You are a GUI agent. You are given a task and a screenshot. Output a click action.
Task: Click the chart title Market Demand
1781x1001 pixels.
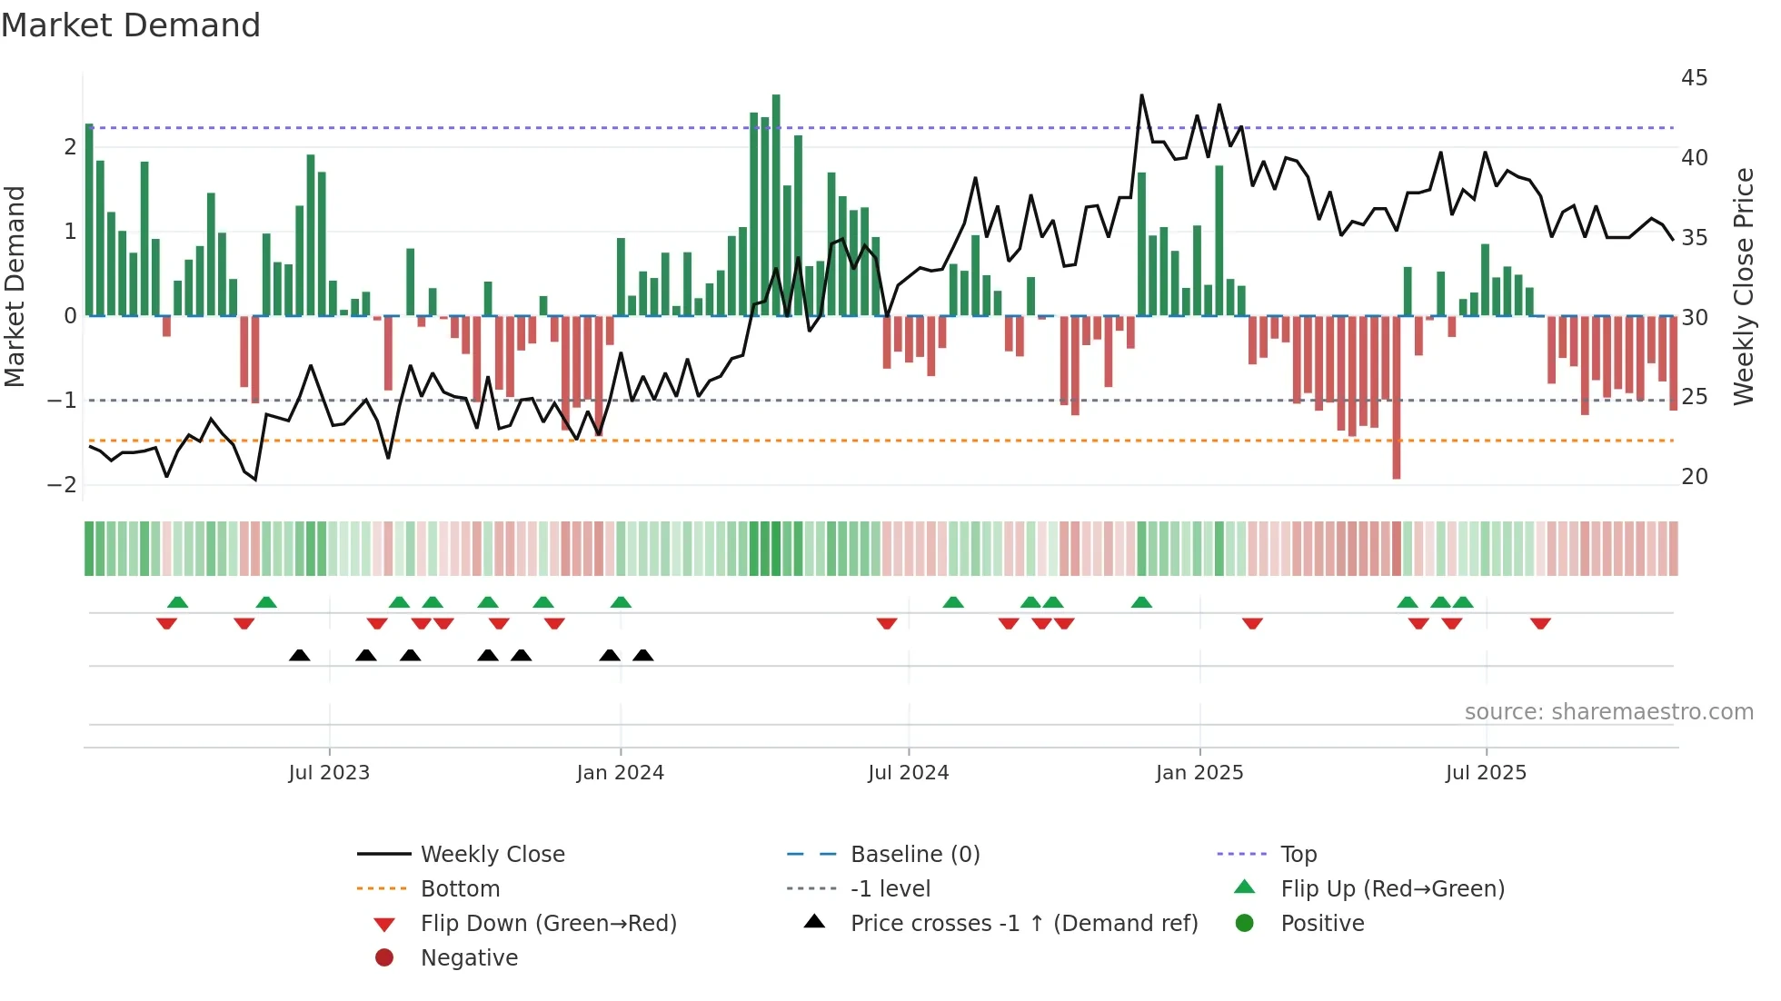click(131, 25)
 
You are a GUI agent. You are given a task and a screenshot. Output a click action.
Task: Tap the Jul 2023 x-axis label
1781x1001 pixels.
click(329, 773)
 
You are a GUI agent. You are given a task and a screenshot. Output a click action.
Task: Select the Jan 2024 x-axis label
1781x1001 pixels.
click(621, 773)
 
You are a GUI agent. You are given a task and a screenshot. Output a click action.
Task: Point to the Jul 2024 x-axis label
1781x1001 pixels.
click(909, 773)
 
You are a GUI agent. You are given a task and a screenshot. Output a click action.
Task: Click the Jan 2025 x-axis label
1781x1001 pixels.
click(1199, 773)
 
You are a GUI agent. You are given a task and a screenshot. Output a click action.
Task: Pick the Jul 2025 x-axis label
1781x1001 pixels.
click(1487, 773)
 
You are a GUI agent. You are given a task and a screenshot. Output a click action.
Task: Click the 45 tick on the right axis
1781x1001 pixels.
click(1694, 78)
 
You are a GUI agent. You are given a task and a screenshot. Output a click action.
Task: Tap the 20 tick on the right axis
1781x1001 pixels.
click(1694, 477)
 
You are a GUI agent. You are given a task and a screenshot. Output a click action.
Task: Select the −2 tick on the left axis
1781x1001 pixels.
click(62, 485)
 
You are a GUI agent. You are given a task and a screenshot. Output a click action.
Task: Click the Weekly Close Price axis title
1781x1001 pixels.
click(1744, 286)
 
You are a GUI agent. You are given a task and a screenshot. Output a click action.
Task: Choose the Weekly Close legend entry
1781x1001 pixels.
click(492, 855)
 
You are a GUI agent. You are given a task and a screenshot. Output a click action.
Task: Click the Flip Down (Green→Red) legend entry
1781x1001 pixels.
click(548, 924)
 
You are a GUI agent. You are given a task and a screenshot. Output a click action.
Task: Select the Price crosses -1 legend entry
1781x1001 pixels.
click(1023, 924)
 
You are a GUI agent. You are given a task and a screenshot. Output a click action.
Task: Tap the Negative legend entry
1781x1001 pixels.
click(469, 958)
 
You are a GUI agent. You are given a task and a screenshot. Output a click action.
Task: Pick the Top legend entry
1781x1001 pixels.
click(1298, 855)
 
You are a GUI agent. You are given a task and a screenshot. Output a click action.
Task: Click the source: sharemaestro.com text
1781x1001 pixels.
click(1608, 712)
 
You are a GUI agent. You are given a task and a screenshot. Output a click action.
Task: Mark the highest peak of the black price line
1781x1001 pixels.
click(1142, 95)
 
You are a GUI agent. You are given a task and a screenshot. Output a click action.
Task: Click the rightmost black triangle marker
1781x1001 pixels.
click(643, 656)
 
